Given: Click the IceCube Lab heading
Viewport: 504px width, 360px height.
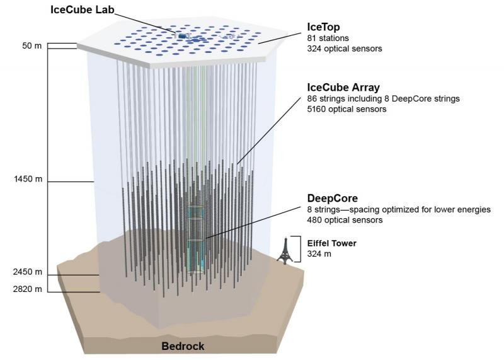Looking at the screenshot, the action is point(83,9).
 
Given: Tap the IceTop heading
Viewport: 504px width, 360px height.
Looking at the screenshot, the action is point(323,26).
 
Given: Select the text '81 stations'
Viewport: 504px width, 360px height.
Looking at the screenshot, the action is point(328,38).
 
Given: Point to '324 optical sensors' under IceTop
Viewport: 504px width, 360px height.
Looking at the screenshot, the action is point(345,49).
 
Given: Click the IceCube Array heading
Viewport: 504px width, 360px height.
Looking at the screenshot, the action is point(343,88).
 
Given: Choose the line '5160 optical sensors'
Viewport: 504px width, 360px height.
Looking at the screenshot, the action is point(347,109).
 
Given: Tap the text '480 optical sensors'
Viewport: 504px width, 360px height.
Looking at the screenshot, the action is point(345,220).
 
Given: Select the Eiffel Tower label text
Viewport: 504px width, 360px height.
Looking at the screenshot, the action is point(332,243).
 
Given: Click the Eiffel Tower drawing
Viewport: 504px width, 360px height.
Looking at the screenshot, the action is point(285,251).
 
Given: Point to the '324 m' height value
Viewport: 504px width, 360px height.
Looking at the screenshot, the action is point(319,254).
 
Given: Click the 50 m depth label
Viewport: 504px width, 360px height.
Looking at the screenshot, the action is point(32,45).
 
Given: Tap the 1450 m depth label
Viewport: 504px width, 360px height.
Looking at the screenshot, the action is point(28,179).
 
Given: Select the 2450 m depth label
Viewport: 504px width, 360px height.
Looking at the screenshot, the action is point(28,272).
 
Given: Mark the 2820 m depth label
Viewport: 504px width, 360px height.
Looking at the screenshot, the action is point(28,289).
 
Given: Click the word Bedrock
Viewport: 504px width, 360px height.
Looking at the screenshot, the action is point(183,346).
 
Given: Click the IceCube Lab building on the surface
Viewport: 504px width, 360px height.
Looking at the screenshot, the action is point(182,36).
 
